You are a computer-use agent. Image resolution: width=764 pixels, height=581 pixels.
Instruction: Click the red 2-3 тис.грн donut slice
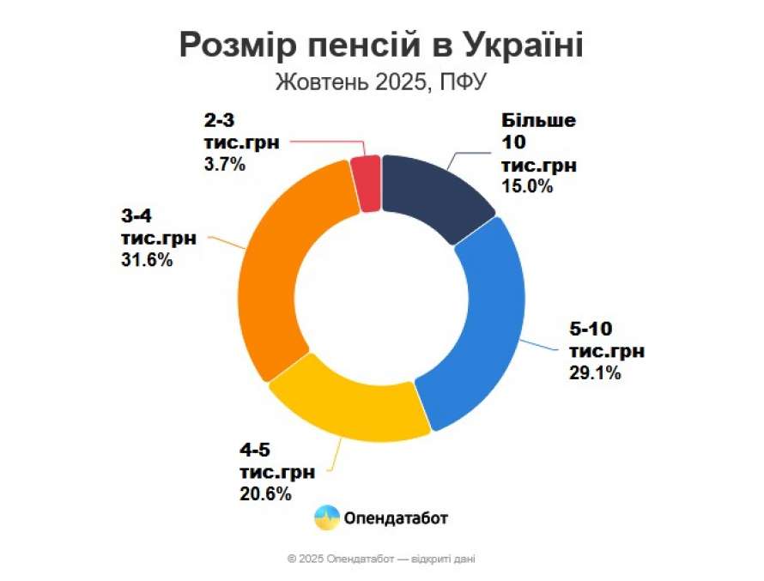coord(367,182)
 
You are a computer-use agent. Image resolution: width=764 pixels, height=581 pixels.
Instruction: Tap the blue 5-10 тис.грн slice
coord(482,330)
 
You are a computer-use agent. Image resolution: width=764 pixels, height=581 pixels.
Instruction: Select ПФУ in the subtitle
coord(467,84)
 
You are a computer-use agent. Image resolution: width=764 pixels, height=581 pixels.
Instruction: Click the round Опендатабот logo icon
coord(326,517)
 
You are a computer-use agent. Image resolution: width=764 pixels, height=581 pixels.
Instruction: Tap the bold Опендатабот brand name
coord(396,517)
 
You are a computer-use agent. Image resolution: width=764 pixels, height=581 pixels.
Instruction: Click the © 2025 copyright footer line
coord(381,558)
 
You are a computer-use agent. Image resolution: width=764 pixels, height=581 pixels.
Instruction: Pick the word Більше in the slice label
coord(537,120)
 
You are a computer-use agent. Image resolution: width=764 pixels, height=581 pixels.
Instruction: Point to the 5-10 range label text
coord(591,329)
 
